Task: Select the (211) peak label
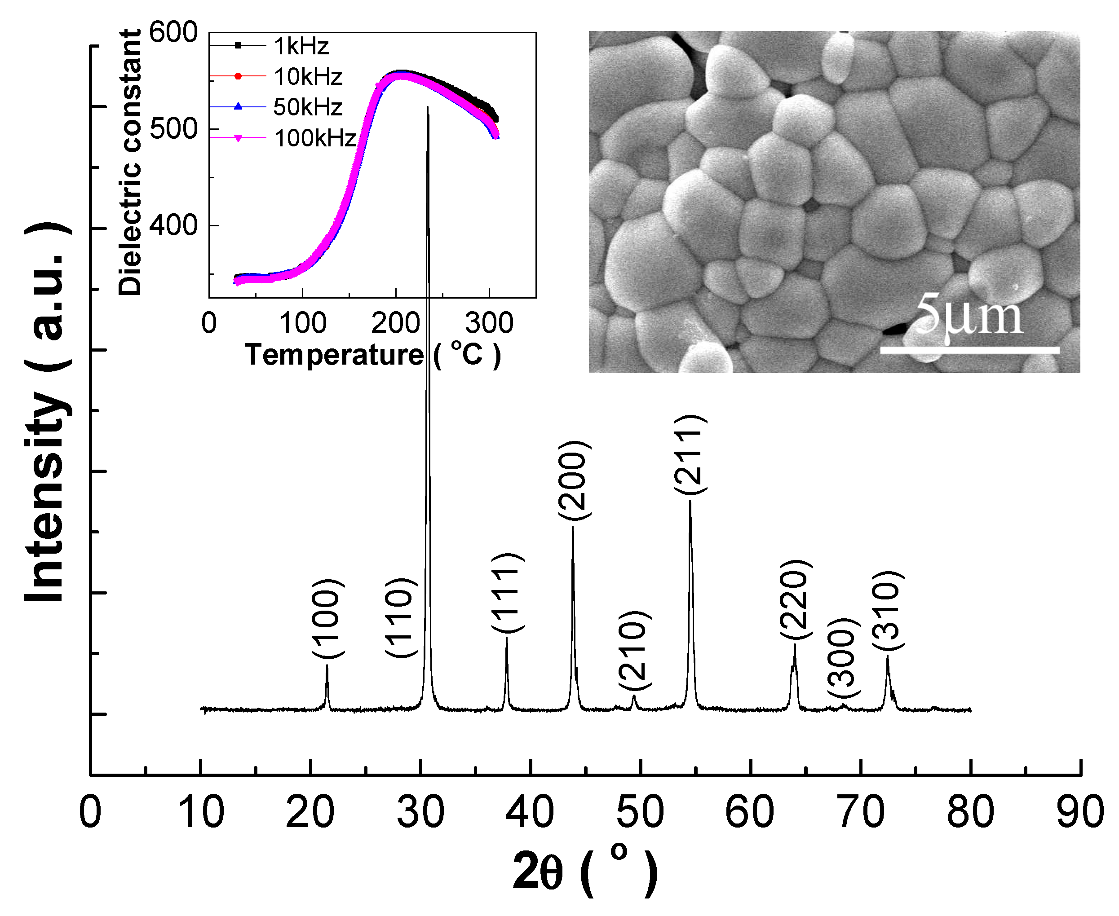pyautogui.click(x=690, y=455)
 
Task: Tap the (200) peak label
pyautogui.click(x=573, y=480)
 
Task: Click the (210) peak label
pyautogui.click(x=634, y=651)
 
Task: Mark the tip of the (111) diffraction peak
pyautogui.click(x=507, y=638)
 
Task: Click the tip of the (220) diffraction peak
pyautogui.click(x=794, y=645)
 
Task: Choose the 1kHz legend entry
pyautogui.click(x=301, y=46)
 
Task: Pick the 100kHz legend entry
pyautogui.click(x=314, y=138)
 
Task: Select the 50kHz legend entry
pyautogui.click(x=308, y=107)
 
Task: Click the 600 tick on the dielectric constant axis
pyautogui.click(x=173, y=33)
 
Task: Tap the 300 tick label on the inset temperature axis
pyautogui.click(x=489, y=323)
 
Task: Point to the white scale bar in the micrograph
pyautogui.click(x=969, y=350)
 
